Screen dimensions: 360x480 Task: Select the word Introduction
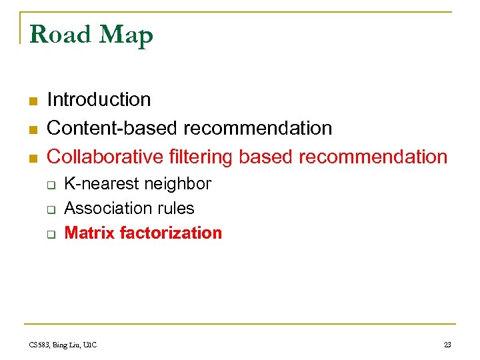tap(99, 100)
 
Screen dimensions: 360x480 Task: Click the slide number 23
tap(447, 345)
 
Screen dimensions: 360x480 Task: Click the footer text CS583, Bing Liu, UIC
tap(63, 345)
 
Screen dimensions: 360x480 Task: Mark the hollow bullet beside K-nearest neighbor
tap(49, 185)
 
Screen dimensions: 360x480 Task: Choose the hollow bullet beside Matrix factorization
tap(49, 234)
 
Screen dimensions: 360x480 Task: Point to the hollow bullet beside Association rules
tap(49, 209)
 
